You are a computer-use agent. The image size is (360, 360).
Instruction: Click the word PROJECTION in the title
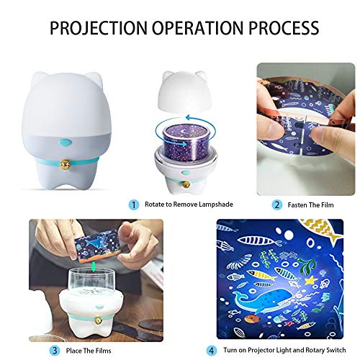(93, 28)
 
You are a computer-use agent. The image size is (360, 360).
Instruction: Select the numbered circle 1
(134, 204)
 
